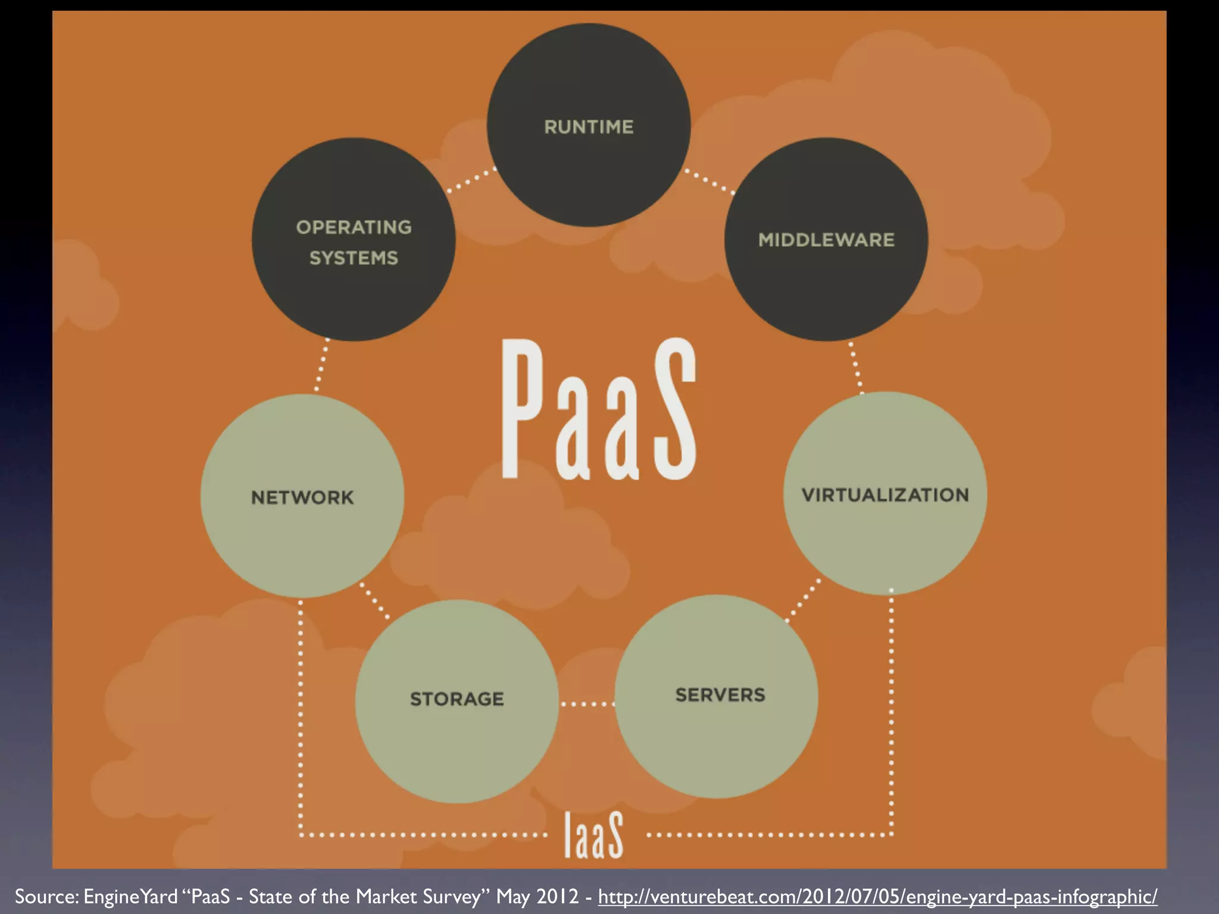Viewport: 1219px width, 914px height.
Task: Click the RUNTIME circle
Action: coord(589,125)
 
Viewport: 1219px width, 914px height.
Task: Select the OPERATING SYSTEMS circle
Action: coord(354,240)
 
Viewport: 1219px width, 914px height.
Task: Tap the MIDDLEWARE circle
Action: coord(826,239)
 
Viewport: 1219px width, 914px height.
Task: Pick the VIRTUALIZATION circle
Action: coord(885,494)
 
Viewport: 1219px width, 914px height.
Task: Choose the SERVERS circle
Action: coord(717,696)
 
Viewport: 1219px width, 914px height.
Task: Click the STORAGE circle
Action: coord(457,701)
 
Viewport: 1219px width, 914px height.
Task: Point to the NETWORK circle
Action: coord(302,496)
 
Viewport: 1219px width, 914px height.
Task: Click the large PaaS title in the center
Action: coord(598,411)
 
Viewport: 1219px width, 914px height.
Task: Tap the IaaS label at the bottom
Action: coord(593,835)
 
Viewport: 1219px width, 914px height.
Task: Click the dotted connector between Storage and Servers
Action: coord(587,704)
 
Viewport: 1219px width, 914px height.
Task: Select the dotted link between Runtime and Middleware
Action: coord(709,181)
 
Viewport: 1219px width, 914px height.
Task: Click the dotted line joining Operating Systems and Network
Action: coord(321,366)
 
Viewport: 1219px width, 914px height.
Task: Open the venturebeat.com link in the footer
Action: coord(877,896)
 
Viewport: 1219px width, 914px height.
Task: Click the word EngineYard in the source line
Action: coord(130,896)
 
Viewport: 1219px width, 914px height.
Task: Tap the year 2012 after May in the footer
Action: coord(557,896)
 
